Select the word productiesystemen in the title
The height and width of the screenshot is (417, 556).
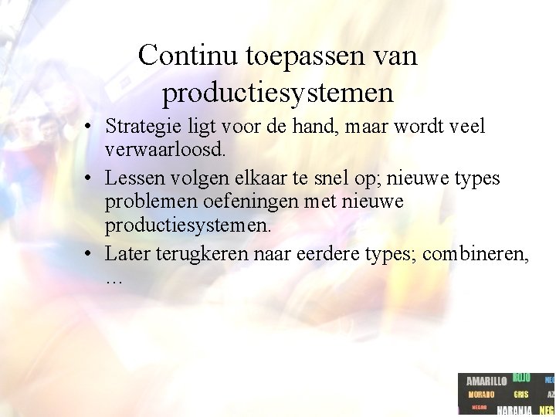(x=278, y=93)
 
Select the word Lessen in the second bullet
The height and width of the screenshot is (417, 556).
(x=131, y=179)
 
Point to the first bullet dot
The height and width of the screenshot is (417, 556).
(x=90, y=127)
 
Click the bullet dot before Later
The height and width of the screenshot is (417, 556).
(x=90, y=254)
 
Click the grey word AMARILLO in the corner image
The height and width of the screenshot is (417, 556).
(x=486, y=381)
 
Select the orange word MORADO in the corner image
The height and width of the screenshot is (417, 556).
(x=481, y=395)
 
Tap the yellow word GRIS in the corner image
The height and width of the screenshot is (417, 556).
(x=520, y=395)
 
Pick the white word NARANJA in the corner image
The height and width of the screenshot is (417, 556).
(x=514, y=410)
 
